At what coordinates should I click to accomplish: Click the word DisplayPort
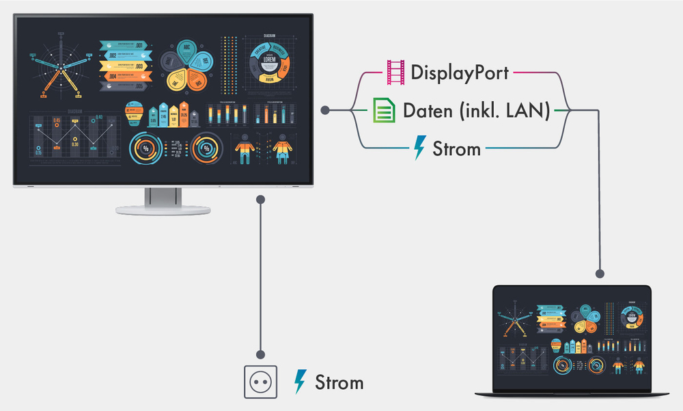tap(460, 71)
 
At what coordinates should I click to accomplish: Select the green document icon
tap(384, 110)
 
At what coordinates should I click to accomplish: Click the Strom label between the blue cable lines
tap(457, 148)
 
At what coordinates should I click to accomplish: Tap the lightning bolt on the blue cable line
tap(419, 148)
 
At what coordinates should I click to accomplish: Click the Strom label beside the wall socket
tap(339, 382)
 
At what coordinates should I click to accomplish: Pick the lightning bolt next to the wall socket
tap(300, 382)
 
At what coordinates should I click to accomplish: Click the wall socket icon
tap(262, 382)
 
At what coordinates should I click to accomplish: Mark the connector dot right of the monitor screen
tap(325, 110)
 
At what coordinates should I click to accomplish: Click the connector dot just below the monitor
tap(261, 199)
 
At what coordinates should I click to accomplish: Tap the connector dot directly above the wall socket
tap(261, 354)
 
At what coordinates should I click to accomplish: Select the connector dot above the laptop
tap(600, 274)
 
